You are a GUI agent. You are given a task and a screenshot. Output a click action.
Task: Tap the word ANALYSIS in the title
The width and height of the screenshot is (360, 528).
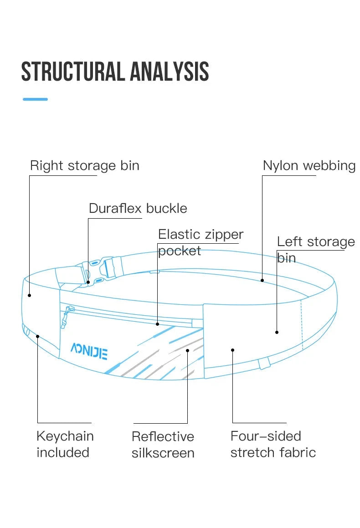[x=170, y=72]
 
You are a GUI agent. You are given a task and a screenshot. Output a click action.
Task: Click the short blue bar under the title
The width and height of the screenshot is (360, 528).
[x=35, y=99]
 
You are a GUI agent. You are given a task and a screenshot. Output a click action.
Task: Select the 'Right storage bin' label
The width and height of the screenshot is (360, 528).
[x=84, y=165]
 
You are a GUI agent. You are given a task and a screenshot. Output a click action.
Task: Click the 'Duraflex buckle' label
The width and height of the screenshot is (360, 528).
[x=138, y=208]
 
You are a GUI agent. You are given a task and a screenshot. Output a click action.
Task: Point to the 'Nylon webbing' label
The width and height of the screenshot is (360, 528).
[x=309, y=165]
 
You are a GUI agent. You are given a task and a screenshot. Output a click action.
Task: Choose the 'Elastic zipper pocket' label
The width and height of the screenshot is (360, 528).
[x=201, y=242]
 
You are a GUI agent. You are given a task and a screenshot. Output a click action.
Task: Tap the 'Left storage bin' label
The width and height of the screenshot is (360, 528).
[x=315, y=249]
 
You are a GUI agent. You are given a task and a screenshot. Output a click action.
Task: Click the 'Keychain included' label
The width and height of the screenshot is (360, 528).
[x=65, y=444]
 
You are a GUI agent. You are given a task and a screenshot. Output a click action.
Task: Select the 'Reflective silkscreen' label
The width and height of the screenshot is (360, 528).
[x=163, y=445]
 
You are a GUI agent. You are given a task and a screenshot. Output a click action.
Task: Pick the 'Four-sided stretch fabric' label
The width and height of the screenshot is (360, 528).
[x=273, y=444]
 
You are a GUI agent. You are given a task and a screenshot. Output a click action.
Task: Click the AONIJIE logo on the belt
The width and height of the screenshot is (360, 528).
[x=89, y=351]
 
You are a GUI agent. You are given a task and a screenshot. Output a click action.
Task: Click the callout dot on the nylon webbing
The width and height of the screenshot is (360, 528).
[x=262, y=280]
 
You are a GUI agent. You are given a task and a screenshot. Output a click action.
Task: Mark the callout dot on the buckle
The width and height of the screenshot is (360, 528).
[x=88, y=282]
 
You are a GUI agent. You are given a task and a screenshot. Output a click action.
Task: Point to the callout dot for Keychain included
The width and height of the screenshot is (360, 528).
[x=37, y=337]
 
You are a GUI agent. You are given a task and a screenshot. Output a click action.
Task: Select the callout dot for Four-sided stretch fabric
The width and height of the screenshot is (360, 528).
[x=232, y=350]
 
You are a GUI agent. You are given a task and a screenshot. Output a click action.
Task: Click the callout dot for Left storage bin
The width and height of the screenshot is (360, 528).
[x=277, y=332]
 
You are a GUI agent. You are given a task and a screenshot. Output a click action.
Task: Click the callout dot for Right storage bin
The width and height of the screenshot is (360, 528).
[x=29, y=295]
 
